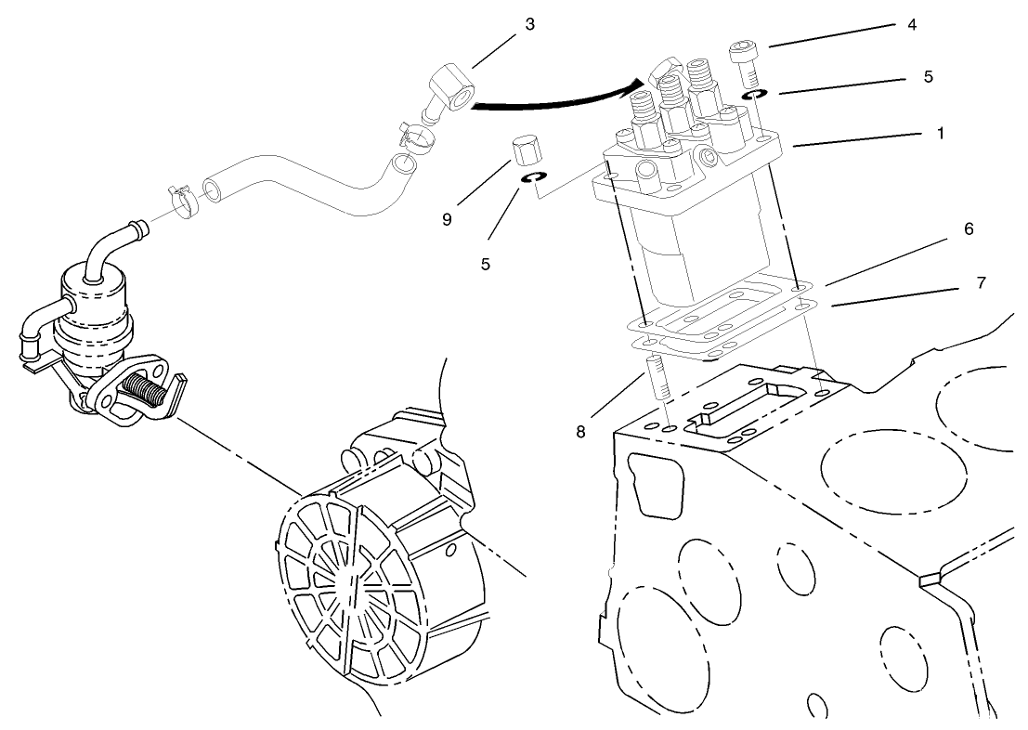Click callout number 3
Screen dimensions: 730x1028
click(x=529, y=24)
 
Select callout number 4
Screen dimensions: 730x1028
click(x=911, y=25)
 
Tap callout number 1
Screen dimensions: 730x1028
click(x=940, y=134)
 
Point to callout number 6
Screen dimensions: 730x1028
click(x=968, y=228)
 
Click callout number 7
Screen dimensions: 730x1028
click(x=981, y=281)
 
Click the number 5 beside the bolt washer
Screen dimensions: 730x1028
click(x=927, y=77)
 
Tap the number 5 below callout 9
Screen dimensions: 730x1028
click(x=485, y=264)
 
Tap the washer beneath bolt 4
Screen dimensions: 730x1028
click(x=754, y=95)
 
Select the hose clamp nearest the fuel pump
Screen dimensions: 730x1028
click(x=181, y=196)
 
